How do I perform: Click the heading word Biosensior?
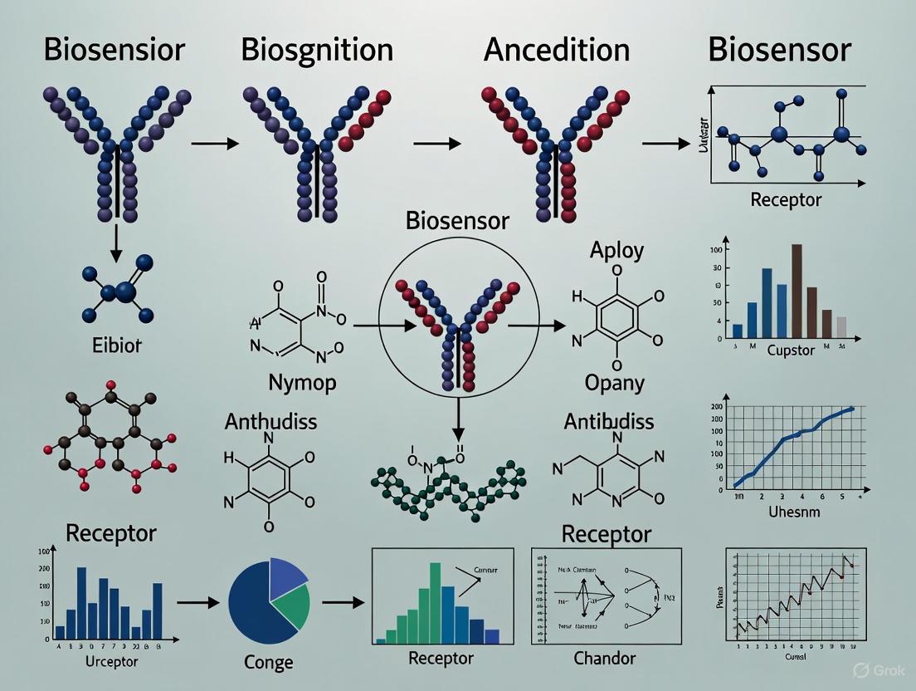click(114, 49)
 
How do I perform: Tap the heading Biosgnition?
click(317, 49)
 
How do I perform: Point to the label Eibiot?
click(117, 345)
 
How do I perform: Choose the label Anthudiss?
click(270, 421)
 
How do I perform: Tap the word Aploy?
click(616, 250)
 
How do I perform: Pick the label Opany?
click(615, 383)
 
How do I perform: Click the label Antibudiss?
click(609, 421)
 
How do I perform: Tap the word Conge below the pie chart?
click(269, 662)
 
